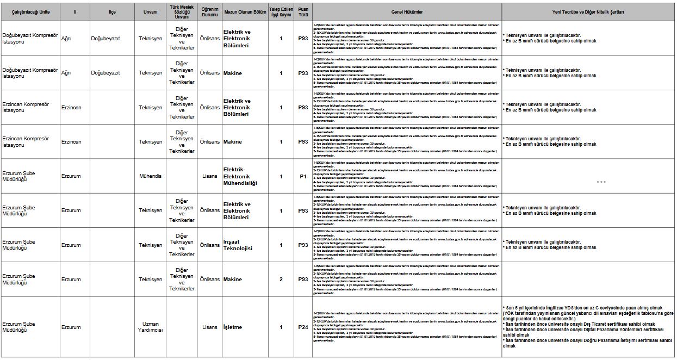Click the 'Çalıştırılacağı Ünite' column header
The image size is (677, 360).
click(x=29, y=11)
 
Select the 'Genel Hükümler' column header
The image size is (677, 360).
click(x=406, y=11)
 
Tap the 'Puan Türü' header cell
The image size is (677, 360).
click(x=303, y=11)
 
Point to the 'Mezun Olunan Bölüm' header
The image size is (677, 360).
click(x=245, y=11)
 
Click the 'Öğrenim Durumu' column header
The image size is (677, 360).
click(x=209, y=11)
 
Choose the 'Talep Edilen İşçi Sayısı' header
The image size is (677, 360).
click(x=281, y=11)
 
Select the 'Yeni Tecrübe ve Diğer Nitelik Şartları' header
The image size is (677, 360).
click(x=588, y=11)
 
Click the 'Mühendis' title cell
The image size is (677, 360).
click(x=150, y=176)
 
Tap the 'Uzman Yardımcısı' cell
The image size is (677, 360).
click(x=150, y=327)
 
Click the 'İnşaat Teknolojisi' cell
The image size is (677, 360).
click(x=238, y=245)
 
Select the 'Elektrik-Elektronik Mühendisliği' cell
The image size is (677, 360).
click(x=240, y=176)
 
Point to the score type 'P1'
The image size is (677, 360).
click(x=303, y=176)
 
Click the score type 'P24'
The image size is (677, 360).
click(x=303, y=327)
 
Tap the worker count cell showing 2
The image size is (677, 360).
click(x=281, y=280)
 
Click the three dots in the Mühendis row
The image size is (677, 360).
click(x=601, y=182)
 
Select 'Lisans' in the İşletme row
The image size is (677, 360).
click(x=209, y=327)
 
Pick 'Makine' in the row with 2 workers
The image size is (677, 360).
click(x=233, y=280)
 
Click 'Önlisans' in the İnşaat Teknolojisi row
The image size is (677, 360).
click(x=209, y=245)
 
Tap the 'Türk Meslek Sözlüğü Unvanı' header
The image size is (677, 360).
click(x=181, y=11)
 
